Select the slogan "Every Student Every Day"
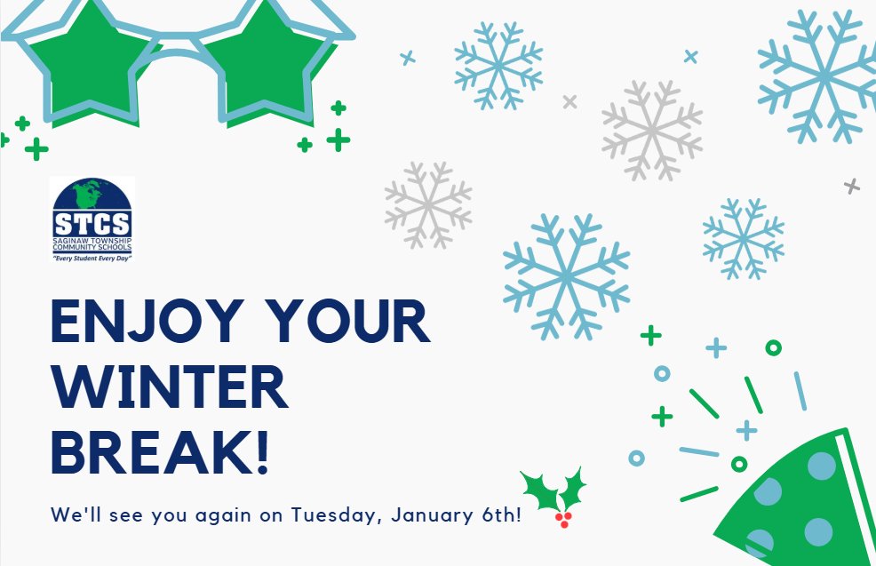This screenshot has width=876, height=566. pos(92,257)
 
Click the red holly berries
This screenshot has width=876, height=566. pos(561,518)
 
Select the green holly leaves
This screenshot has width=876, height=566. pos(551,489)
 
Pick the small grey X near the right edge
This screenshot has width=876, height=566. pos(852,186)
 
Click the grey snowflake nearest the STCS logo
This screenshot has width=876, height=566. pos(428,204)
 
